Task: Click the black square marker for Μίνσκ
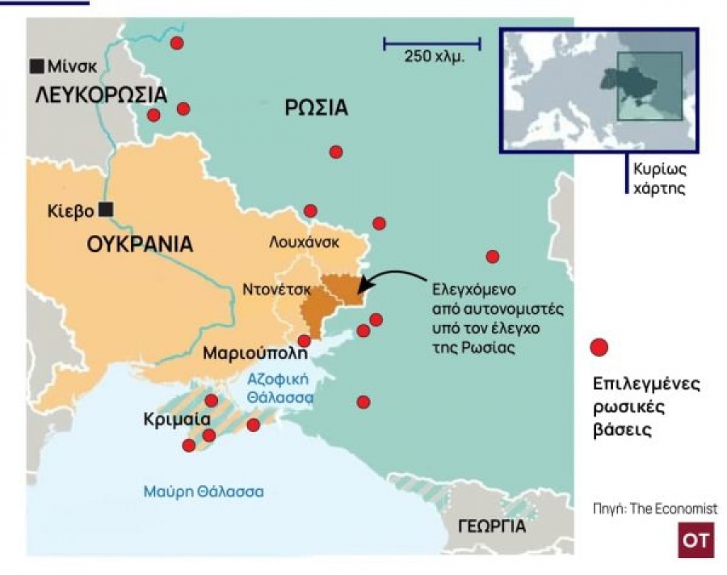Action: (36, 66)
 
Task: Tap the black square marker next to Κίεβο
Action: (106, 209)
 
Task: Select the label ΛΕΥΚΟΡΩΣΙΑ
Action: (100, 95)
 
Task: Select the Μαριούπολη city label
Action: (255, 353)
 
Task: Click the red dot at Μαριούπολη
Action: (304, 340)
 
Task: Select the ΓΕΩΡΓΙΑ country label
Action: (491, 527)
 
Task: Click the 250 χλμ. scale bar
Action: (431, 42)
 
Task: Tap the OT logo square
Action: (695, 540)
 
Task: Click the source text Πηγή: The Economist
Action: (654, 509)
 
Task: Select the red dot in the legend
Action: (599, 348)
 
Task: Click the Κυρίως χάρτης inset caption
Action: (660, 182)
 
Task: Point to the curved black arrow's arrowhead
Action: (361, 284)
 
